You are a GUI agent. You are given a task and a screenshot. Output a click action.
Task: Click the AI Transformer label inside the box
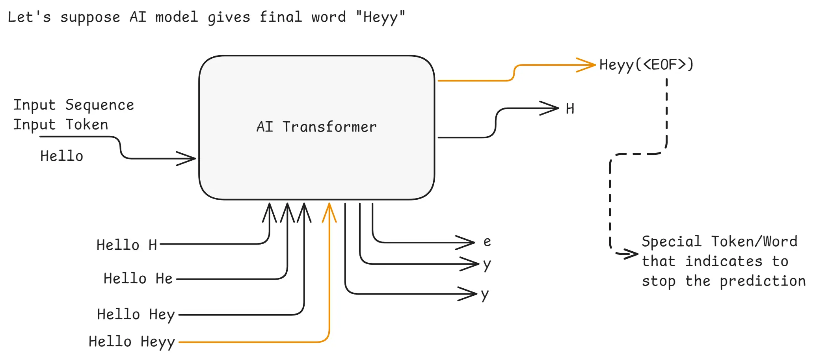[316, 127]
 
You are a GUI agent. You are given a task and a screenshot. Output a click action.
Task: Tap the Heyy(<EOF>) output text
[646, 65]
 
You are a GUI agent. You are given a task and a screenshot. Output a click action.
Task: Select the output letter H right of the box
[570, 109]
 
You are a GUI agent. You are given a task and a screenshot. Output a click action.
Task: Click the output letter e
[487, 241]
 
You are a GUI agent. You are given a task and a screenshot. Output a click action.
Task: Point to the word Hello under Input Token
[62, 156]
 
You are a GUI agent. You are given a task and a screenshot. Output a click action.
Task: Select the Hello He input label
[138, 278]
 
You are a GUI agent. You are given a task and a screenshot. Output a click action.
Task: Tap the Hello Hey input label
[136, 315]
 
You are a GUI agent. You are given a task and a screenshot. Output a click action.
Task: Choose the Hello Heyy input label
[132, 342]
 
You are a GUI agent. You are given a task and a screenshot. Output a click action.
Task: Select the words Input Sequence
[74, 105]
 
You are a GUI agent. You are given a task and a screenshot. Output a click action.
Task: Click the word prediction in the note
[763, 281]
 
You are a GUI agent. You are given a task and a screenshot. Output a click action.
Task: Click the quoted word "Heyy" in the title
[380, 17]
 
